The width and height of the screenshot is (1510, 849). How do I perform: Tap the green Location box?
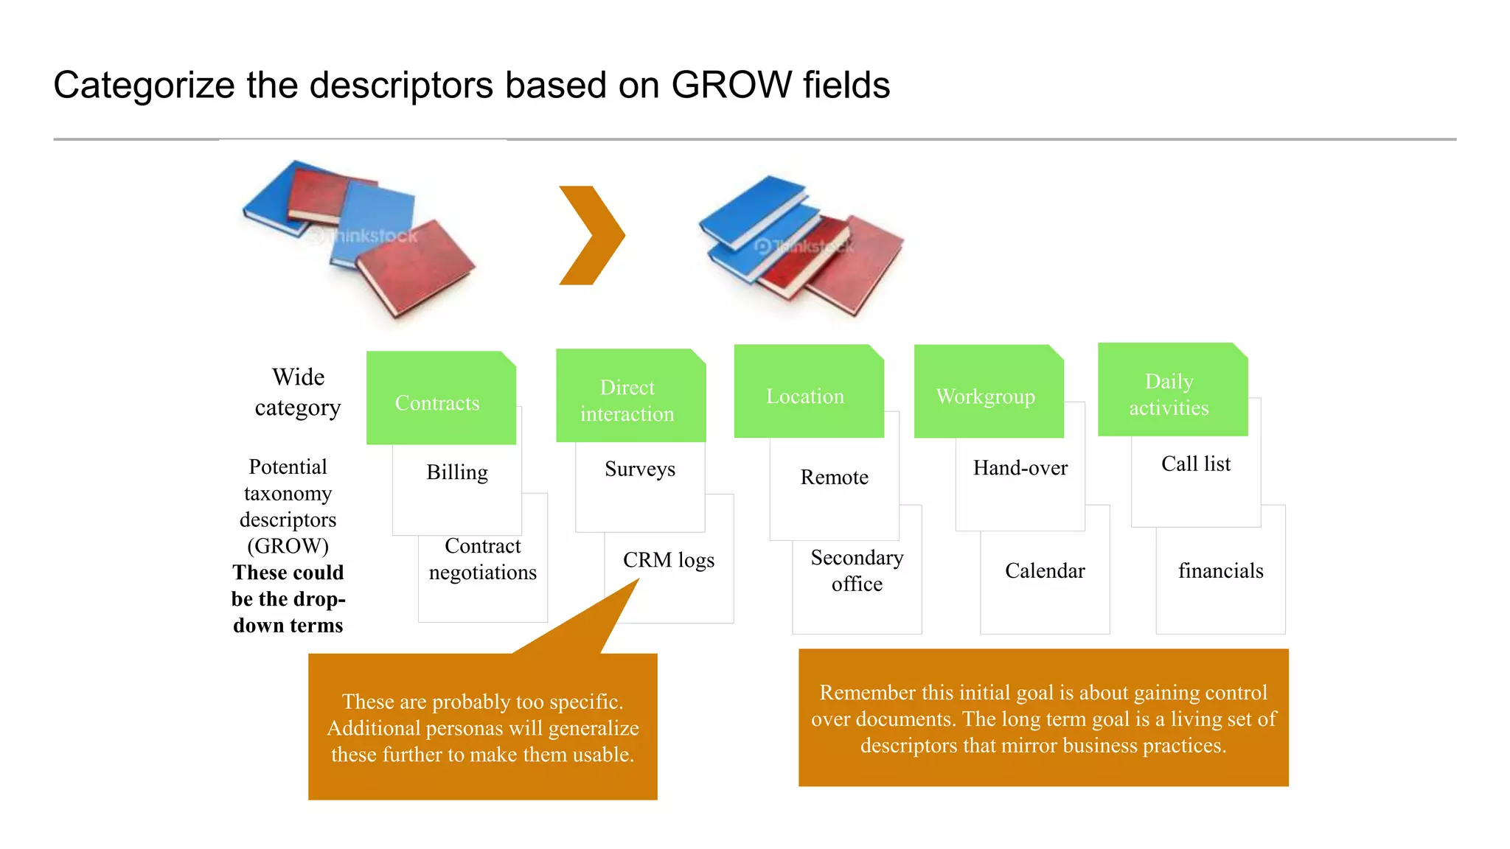pos(808,393)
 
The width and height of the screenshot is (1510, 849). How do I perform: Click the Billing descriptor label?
pos(457,472)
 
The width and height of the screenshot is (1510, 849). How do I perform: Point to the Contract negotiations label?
pos(483,559)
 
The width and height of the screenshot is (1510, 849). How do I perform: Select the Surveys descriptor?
pos(640,469)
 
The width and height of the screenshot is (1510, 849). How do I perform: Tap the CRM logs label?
pos(669,560)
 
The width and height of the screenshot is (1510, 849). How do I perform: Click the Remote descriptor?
pos(834,478)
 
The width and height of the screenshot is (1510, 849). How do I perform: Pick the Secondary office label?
pos(857,571)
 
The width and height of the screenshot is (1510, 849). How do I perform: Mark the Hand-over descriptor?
pos(1020,468)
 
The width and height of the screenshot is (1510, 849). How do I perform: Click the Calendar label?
pos(1045,571)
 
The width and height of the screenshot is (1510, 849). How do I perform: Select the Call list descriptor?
pos(1196,464)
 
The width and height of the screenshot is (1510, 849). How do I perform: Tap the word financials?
pos(1220,571)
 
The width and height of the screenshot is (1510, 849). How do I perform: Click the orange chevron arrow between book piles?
pos(592,235)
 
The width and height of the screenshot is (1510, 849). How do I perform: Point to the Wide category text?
pos(298,392)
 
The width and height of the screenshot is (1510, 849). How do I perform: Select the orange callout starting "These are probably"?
pos(483,727)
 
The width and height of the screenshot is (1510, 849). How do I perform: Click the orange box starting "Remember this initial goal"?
pos(1043,719)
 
